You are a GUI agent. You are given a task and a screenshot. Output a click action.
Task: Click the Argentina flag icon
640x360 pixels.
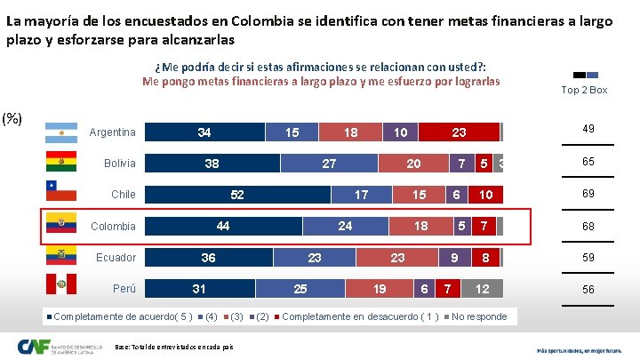pos(60,132)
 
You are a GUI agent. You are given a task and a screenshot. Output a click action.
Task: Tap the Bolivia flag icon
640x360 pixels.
pos(60,163)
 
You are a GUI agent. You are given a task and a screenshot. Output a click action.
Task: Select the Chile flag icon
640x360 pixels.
pos(60,192)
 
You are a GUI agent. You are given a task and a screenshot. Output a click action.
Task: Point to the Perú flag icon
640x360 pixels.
pos(60,286)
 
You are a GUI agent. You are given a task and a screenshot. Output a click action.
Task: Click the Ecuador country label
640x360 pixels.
pos(116,258)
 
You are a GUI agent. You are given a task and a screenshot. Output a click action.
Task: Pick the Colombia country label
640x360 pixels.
pos(114,227)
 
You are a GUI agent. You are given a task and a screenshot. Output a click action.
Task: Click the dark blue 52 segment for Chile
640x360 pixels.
pos(237,195)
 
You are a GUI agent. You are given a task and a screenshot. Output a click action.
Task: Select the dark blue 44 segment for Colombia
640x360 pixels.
pos(223,226)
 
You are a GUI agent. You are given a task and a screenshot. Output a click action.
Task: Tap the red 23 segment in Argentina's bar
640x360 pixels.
pos(459,132)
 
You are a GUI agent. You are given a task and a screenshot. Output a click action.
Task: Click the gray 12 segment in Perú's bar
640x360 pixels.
pos(482,289)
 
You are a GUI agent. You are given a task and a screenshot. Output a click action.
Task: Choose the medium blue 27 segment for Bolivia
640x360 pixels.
pos(328,164)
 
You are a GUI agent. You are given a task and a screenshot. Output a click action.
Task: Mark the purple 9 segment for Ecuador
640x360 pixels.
pos(454,258)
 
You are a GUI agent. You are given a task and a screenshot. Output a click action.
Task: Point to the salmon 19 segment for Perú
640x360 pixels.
pos(380,289)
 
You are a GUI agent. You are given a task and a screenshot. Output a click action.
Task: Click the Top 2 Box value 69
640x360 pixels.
pos(588,193)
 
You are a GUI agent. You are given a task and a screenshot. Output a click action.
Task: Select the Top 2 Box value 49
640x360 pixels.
pos(588,130)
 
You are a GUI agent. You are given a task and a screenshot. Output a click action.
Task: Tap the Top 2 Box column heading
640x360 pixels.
pos(585,90)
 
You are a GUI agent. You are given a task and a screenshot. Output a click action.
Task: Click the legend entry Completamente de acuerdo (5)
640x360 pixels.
pos(119,316)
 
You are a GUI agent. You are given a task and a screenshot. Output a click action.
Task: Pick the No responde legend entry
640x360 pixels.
pos(476,316)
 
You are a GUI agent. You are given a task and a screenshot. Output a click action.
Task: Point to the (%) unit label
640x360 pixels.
pos(12,118)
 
